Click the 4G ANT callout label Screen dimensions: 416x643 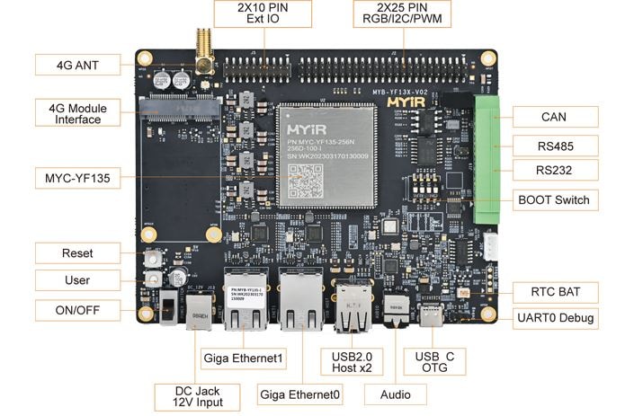(77, 65)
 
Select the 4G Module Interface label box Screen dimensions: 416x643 (77, 112)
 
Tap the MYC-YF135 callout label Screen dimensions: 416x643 (77, 178)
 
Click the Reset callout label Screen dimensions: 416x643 (77, 253)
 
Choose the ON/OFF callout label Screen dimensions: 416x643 (77, 310)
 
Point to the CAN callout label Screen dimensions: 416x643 (554, 117)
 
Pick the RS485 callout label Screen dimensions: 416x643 (554, 146)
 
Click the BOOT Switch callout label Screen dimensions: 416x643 (554, 199)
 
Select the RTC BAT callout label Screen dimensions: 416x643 (554, 293)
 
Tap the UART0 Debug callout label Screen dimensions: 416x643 (554, 318)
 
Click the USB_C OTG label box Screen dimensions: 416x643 (433, 363)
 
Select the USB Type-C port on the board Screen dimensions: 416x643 (433, 316)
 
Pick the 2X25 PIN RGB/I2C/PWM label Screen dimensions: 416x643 (402, 13)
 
